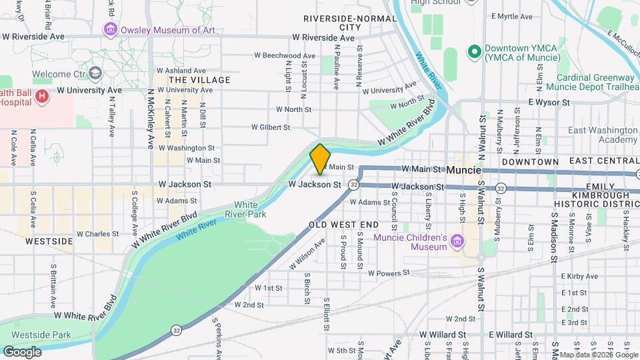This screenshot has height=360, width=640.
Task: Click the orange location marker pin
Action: [320, 159]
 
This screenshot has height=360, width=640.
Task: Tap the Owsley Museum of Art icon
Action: [109, 29]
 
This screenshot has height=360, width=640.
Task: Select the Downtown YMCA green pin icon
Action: [475, 51]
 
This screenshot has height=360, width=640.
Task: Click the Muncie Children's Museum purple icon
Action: [457, 240]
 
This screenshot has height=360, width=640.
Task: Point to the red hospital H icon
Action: [42, 97]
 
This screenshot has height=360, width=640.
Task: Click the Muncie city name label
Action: [463, 170]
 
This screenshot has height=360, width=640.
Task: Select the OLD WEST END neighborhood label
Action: [344, 225]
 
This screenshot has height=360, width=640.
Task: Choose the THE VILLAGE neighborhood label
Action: [200, 80]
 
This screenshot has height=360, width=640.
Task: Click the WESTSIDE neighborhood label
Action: [49, 241]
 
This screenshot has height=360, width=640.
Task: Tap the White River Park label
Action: [250, 209]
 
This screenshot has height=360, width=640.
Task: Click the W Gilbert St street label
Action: [271, 127]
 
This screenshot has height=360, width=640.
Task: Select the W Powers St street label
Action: [387, 273]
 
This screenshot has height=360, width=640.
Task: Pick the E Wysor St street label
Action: [549, 103]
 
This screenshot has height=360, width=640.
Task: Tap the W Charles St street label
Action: [97, 234]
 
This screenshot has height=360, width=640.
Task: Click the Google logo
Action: [22, 352]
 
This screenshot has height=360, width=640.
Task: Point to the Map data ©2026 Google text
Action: [598, 355]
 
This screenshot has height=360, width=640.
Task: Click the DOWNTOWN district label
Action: [530, 162]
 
